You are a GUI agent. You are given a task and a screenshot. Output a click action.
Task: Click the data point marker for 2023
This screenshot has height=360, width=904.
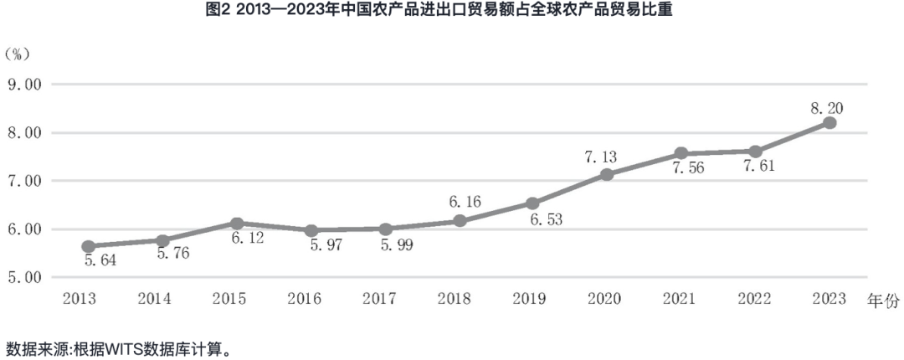click(830, 123)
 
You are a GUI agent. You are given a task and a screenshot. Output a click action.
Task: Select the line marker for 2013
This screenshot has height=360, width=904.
click(88, 246)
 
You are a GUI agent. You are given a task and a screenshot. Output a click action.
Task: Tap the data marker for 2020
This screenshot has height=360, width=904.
click(607, 174)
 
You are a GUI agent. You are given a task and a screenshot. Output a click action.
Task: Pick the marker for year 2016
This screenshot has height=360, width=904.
click(311, 230)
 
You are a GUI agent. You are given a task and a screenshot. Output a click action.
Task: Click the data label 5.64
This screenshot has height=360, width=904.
click(100, 260)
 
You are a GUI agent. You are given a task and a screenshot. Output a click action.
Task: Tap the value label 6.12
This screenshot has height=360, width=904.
click(248, 239)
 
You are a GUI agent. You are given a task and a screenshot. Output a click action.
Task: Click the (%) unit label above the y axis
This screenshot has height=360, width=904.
click(18, 54)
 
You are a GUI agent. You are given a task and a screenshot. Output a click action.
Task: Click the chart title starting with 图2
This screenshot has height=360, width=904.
click(452, 11)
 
